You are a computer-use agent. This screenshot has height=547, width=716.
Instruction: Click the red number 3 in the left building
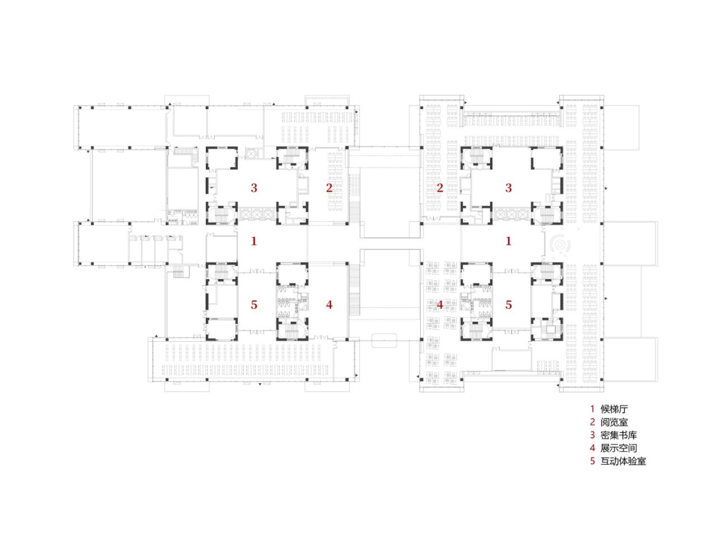[254, 188]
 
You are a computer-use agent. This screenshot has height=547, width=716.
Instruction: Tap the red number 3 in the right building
[508, 188]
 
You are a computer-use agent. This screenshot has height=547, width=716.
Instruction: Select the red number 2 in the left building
[329, 188]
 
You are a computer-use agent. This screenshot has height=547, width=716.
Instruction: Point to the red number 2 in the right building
[440, 188]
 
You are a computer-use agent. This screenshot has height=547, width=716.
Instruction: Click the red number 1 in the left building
[254, 242]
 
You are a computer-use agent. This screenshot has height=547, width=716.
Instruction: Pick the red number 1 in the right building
[508, 242]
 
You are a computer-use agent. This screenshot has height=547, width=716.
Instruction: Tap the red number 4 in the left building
[329, 305]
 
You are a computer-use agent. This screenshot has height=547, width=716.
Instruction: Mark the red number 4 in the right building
[440, 305]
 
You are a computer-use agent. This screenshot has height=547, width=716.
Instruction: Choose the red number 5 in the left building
[254, 305]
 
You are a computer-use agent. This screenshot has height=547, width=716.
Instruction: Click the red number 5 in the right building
[508, 305]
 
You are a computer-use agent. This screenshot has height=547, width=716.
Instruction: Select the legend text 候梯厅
[614, 409]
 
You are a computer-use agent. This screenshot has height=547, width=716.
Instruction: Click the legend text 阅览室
[614, 422]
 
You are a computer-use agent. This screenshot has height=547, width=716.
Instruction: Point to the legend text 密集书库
[619, 435]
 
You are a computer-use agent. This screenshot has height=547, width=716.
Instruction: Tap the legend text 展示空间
[619, 448]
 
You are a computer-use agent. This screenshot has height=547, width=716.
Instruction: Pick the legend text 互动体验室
[623, 461]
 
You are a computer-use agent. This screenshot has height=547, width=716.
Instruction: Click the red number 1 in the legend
[592, 409]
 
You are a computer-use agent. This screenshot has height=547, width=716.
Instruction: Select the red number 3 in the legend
[592, 435]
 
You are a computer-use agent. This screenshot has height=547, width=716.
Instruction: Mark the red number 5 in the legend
[592, 461]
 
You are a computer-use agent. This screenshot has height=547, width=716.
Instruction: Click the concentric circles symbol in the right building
[560, 245]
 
